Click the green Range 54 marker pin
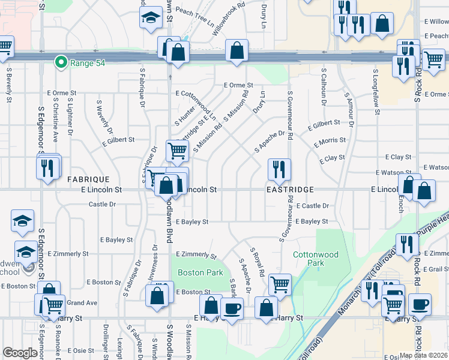pyautogui.click(x=60, y=62)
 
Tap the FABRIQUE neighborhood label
pyautogui.click(x=88, y=179)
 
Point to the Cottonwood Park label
pyautogui.click(x=316, y=259)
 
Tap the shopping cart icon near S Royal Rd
pyautogui.click(x=280, y=284)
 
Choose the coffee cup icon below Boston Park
pyautogui.click(x=232, y=308)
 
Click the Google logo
pyautogui.click(x=20, y=353)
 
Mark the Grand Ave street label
pyautogui.click(x=82, y=303)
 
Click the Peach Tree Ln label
pyautogui.click(x=194, y=12)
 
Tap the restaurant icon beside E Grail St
pyautogui.click(x=408, y=244)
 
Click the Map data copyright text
pyautogui.click(x=423, y=355)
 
